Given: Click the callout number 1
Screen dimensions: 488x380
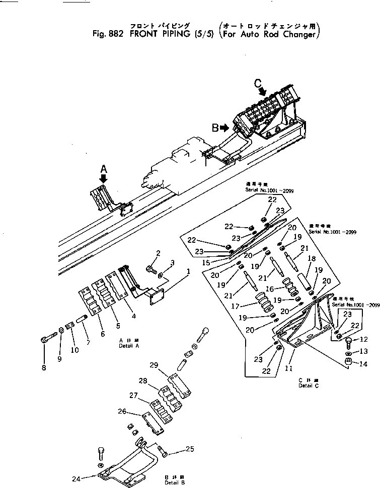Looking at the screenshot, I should point(188,272).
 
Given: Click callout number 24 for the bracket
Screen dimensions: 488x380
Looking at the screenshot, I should point(76,478).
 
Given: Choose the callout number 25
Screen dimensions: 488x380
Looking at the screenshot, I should point(189,449).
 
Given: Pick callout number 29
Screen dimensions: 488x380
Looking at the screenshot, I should point(154,364).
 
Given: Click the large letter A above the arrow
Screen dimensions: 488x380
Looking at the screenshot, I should point(104,168).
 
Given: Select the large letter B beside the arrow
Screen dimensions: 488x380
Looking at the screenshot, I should point(215,128).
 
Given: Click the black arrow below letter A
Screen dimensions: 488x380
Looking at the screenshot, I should point(104,179).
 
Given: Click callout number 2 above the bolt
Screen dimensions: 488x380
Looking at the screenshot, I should point(158,252).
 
